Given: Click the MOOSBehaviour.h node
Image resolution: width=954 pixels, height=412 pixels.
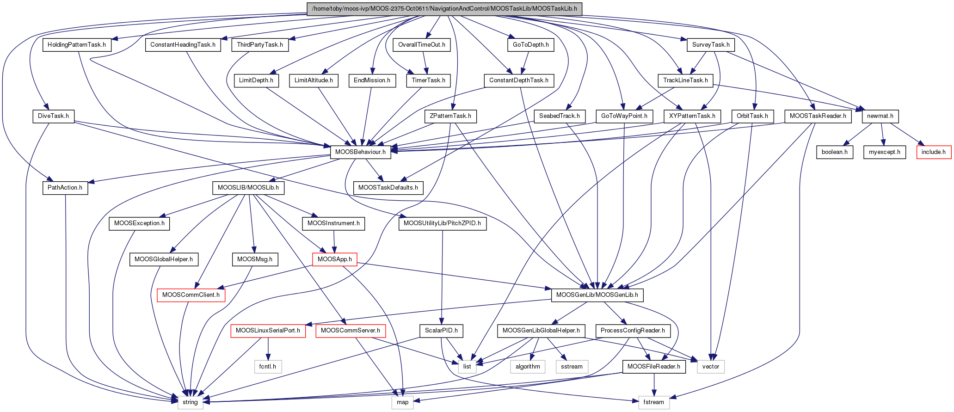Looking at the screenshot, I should point(360,152).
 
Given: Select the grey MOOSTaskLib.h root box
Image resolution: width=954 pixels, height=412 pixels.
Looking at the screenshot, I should point(444,9).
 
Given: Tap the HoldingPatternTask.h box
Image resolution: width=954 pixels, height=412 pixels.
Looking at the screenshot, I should point(77,45).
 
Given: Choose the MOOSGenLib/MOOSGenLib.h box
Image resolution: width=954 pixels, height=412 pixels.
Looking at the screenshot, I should point(597,295).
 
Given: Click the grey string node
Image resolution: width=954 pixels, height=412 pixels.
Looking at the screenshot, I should point(190,402).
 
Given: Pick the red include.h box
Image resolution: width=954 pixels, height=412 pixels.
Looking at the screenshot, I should point(934,152).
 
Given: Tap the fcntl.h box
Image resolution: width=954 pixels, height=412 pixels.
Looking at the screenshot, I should point(268,366).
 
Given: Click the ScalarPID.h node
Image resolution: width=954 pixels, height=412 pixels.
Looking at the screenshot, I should point(441,331).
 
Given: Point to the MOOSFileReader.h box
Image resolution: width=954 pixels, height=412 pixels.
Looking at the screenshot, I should point(653,366).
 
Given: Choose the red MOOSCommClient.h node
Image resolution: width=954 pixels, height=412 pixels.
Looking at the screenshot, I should point(191,295).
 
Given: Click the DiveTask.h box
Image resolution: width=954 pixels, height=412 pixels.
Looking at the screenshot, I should point(54,116).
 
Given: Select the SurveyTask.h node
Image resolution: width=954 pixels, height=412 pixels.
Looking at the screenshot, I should point(711,45).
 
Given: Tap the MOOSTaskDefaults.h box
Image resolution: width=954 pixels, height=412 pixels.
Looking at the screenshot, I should point(388,187).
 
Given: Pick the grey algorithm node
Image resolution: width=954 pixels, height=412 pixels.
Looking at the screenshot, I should point(528,366).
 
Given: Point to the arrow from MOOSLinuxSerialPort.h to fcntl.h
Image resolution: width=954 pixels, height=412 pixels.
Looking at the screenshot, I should point(268,349).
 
